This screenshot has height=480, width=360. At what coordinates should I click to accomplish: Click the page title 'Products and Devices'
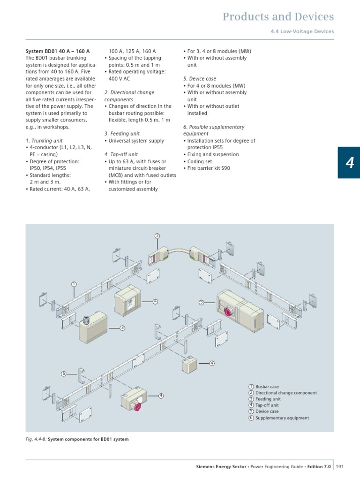tap(278, 17)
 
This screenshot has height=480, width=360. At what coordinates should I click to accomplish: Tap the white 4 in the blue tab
tap(350, 162)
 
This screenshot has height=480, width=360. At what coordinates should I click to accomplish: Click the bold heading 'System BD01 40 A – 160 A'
tap(57, 51)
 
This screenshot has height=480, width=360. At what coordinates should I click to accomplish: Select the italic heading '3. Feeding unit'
tap(122, 134)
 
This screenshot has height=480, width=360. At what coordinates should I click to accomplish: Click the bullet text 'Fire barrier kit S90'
tap(209, 168)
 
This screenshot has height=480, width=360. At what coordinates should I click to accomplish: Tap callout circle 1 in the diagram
tap(74, 284)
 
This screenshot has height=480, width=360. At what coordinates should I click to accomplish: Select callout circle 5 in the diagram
tap(201, 303)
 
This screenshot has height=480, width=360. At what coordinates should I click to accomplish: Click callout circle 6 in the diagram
tap(64, 373)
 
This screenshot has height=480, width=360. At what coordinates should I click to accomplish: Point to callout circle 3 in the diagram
tap(122, 328)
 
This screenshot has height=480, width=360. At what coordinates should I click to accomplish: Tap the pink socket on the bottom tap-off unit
tap(138, 406)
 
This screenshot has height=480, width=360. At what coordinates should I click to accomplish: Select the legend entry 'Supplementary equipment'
tap(282, 418)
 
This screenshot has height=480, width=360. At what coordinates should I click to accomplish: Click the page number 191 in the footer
tap(340, 466)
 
